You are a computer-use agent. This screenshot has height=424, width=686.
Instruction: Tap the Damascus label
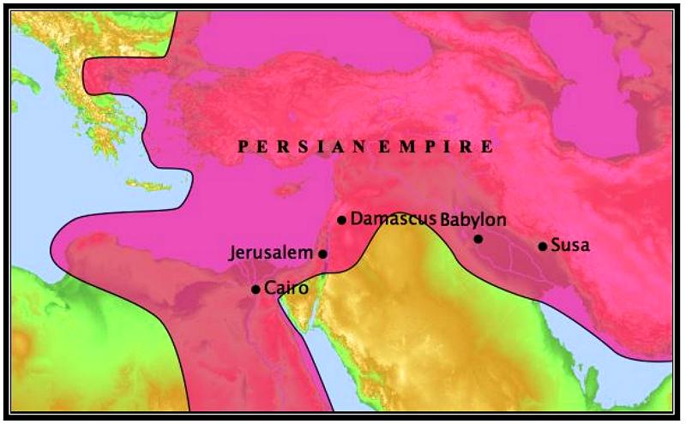click(394, 218)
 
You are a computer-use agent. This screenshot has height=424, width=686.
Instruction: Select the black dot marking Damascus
click(341, 220)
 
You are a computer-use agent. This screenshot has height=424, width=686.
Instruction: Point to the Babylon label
click(473, 219)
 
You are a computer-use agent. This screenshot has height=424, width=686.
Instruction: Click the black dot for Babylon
click(478, 239)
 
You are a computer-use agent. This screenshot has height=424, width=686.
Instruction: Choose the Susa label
click(569, 246)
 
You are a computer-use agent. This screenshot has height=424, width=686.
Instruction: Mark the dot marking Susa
click(542, 247)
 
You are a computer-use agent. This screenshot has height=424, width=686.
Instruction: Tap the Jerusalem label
click(271, 254)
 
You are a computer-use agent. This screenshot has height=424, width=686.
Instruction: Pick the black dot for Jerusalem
click(322, 254)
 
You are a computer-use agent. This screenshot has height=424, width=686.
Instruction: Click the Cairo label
click(286, 288)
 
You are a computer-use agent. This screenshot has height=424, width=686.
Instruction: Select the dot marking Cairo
click(256, 290)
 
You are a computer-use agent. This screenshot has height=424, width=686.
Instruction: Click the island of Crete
click(144, 184)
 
